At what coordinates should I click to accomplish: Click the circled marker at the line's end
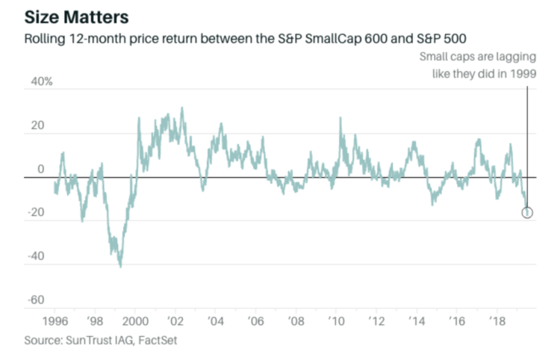[x=527, y=213]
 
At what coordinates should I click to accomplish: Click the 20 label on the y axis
[x=38, y=126]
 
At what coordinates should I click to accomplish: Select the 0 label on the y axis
[x=41, y=170]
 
